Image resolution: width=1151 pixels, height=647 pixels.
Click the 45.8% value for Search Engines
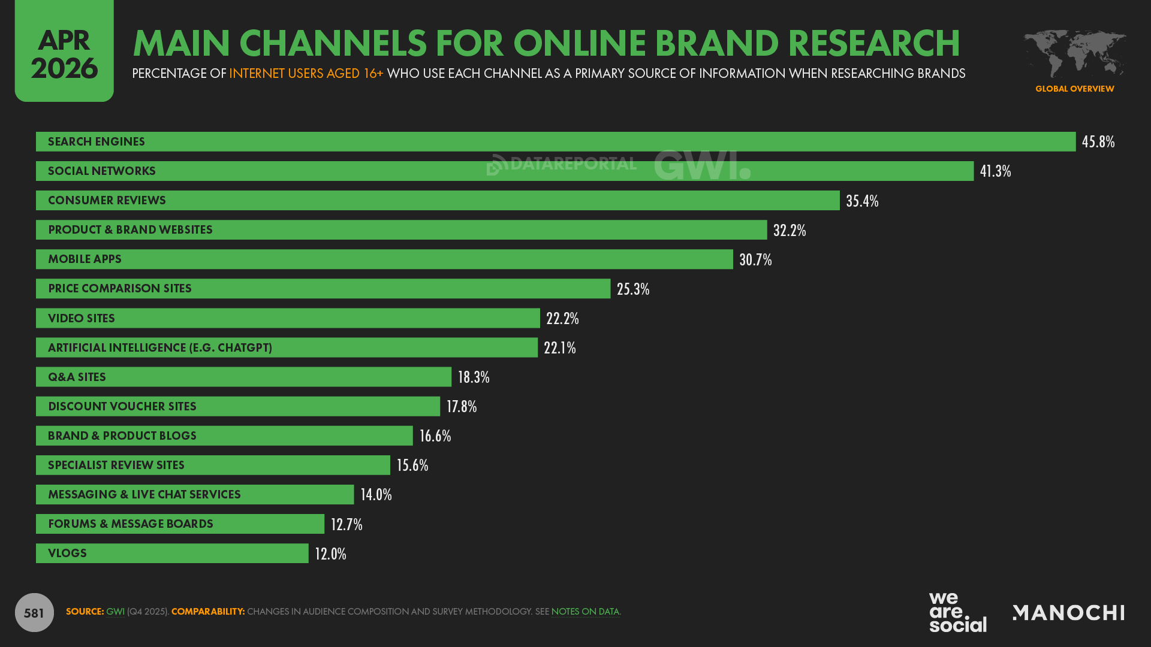click(1098, 142)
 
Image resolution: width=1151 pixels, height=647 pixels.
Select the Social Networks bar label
click(102, 171)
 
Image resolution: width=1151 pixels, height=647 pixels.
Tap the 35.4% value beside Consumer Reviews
click(862, 201)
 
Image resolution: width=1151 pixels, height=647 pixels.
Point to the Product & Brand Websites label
click(130, 230)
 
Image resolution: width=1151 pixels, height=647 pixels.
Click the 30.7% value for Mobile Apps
click(755, 259)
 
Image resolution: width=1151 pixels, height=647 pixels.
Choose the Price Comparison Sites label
click(120, 289)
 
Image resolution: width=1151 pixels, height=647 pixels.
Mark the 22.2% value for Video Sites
click(562, 318)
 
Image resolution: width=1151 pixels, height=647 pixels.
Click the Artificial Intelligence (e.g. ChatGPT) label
click(160, 347)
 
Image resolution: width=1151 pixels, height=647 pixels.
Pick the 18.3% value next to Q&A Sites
click(474, 377)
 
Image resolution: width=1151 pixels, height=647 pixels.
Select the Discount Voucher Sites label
click(122, 406)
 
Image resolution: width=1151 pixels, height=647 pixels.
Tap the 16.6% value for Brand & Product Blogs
click(435, 436)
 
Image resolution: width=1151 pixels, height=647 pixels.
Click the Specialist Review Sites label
click(116, 465)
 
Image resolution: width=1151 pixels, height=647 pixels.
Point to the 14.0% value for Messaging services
click(376, 494)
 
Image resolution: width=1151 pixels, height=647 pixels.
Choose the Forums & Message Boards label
click(131, 524)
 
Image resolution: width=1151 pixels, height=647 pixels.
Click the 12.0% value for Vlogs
click(330, 554)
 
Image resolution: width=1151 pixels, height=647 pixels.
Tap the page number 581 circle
click(34, 612)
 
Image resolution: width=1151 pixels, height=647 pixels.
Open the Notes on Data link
click(585, 612)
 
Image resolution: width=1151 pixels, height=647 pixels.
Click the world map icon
click(1074, 54)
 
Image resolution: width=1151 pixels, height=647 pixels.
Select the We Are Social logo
click(957, 612)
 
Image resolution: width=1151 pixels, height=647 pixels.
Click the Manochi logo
click(1068, 612)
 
